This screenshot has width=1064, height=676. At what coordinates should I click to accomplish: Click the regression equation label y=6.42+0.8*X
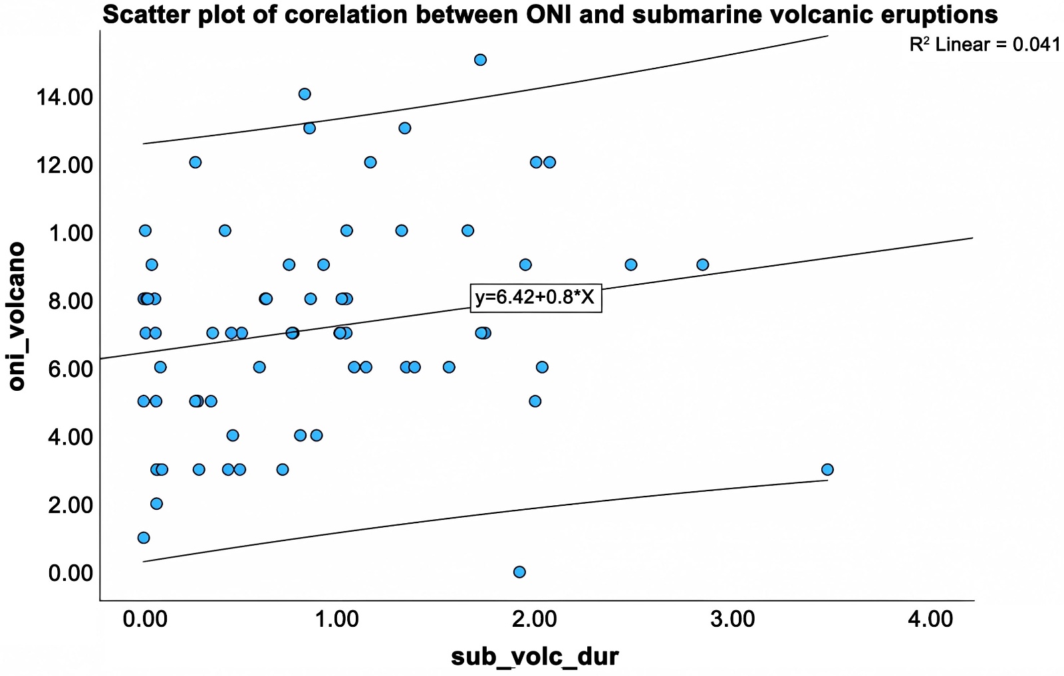click(x=535, y=297)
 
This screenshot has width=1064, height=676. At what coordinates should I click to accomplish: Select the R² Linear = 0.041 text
click(x=984, y=45)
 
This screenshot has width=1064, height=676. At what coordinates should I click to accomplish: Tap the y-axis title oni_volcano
click(x=17, y=316)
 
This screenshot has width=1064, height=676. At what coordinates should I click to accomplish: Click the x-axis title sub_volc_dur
click(x=535, y=656)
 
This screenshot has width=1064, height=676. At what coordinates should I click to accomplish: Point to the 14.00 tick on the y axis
click(x=65, y=98)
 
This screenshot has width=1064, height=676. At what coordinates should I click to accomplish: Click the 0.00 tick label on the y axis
click(x=70, y=573)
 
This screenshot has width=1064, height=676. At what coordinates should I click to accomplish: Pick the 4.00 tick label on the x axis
click(x=930, y=620)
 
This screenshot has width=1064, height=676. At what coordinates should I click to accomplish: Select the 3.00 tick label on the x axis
click(x=732, y=620)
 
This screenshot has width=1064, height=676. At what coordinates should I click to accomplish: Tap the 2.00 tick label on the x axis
click(x=535, y=620)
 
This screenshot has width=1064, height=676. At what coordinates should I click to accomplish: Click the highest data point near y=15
click(x=480, y=60)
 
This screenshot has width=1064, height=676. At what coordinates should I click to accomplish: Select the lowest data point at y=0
click(x=519, y=572)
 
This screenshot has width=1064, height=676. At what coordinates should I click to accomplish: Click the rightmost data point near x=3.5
click(x=827, y=470)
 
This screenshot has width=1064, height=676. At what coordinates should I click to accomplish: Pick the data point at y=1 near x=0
click(x=144, y=538)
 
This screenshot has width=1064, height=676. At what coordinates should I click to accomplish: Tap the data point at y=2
click(x=156, y=504)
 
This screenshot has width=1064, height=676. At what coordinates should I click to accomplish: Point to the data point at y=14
click(x=305, y=94)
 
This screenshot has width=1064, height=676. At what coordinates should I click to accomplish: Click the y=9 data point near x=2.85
click(x=702, y=265)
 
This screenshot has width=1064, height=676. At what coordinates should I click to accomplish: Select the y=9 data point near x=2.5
click(x=630, y=265)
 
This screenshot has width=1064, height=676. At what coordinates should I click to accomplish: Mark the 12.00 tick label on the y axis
click(x=65, y=166)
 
